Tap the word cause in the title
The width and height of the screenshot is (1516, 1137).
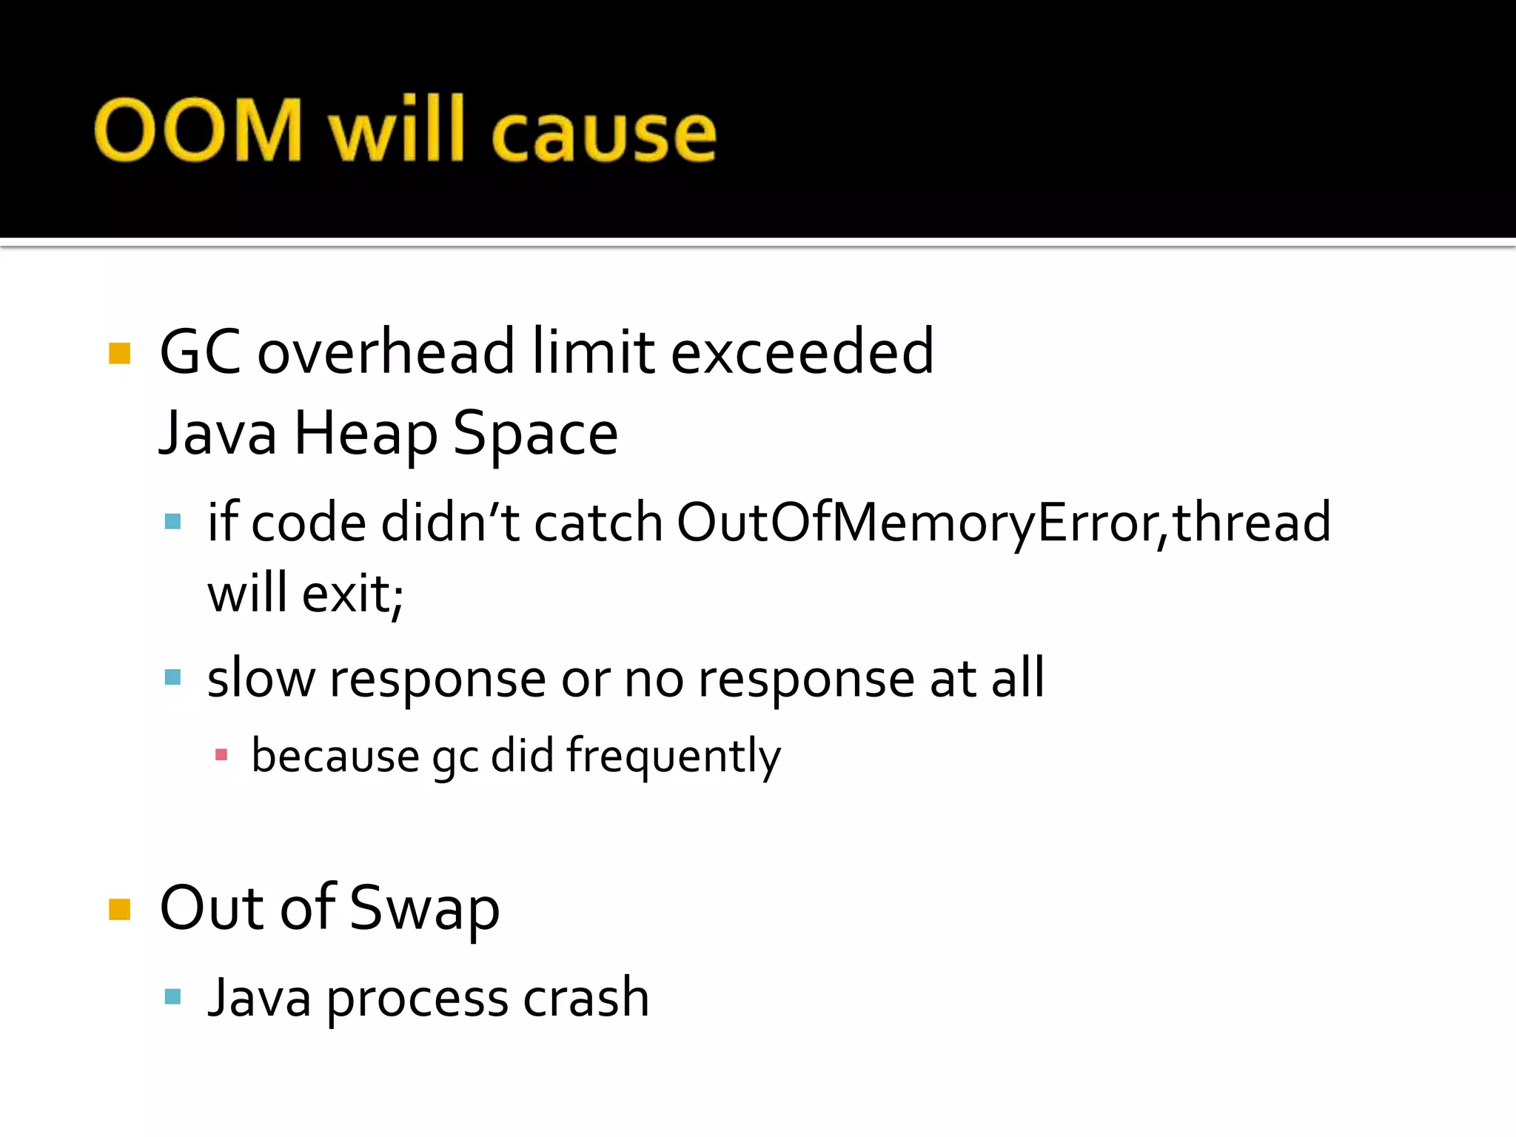[x=603, y=133]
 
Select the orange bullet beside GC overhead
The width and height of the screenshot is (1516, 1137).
[x=119, y=353]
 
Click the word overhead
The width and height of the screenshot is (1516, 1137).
[x=386, y=352]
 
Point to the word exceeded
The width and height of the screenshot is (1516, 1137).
[x=802, y=352]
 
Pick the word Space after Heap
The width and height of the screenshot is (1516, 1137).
[x=535, y=435]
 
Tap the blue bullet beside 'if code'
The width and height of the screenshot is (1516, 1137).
[x=173, y=522]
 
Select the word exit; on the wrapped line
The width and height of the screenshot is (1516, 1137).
[x=352, y=594]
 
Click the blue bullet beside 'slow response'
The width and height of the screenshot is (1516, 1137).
[x=173, y=677]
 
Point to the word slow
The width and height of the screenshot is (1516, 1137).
[x=261, y=678]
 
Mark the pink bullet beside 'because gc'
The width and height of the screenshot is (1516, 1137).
[x=221, y=755]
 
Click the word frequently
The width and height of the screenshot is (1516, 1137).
[x=674, y=757]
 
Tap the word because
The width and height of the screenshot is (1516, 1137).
[x=335, y=756]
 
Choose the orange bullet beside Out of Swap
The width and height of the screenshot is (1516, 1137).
[x=119, y=909]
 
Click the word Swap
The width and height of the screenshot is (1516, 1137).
[x=424, y=909]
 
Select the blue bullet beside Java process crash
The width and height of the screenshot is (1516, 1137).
[x=173, y=996]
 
